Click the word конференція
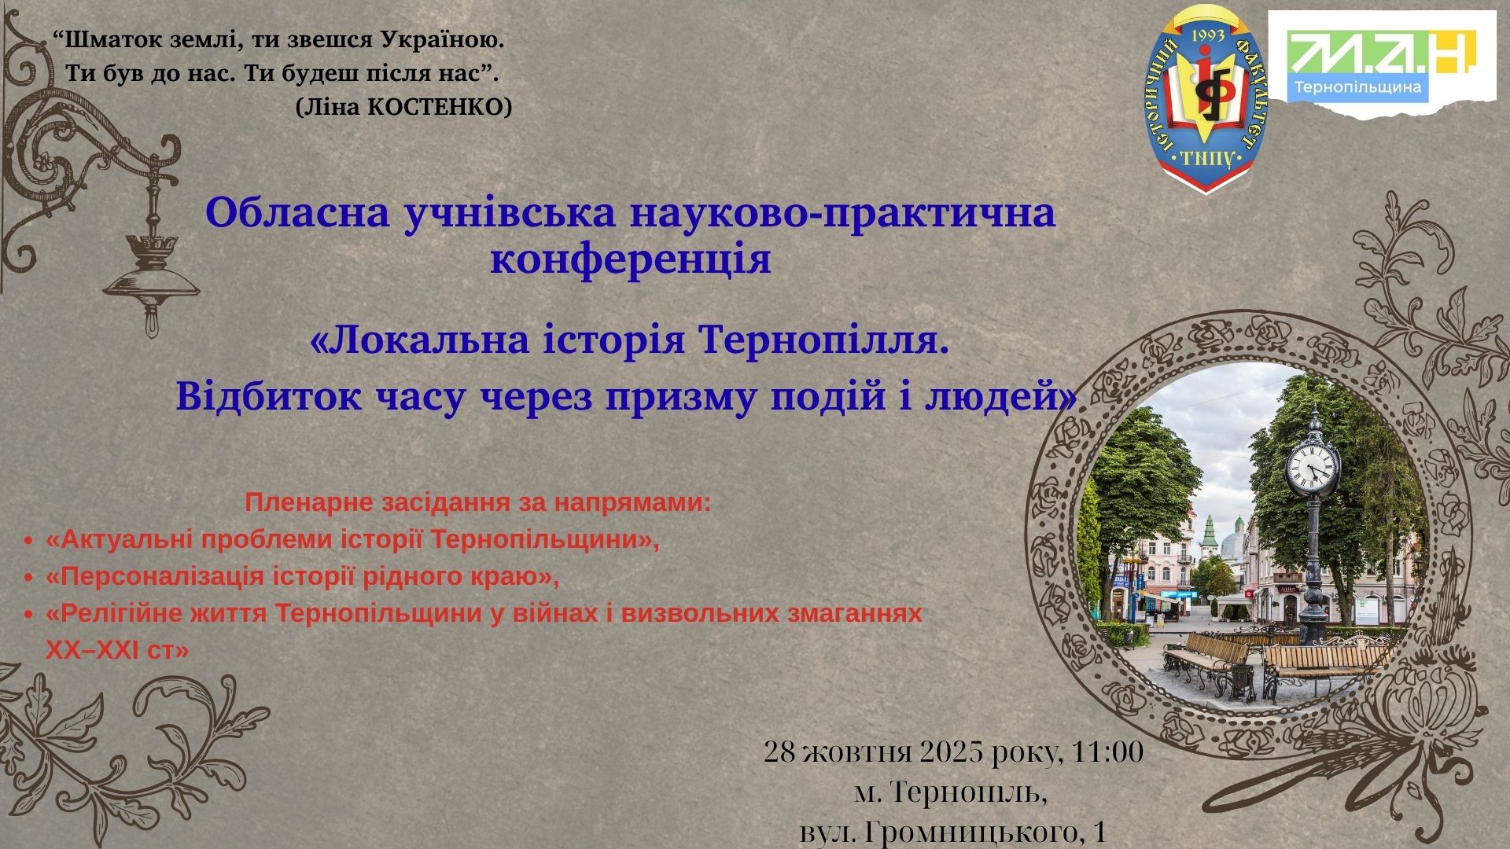(x=631, y=260)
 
